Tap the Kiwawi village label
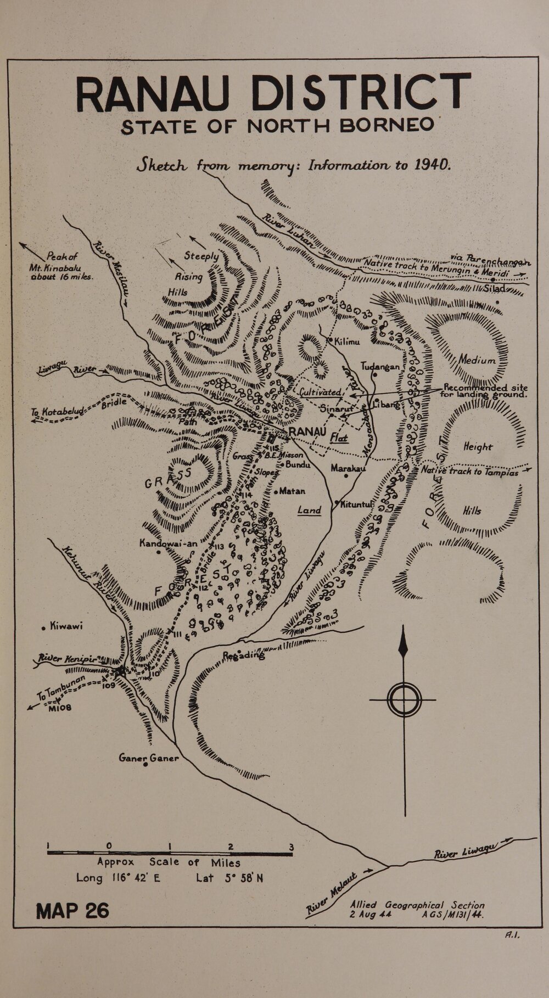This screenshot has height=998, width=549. point(65,626)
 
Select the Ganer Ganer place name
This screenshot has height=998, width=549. point(149,758)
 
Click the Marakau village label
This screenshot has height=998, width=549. point(348,468)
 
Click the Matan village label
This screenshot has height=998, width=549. point(292,491)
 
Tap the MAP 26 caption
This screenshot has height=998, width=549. point(72,910)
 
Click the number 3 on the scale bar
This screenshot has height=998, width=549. point(291,846)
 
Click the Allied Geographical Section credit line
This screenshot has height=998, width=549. point(418,905)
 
